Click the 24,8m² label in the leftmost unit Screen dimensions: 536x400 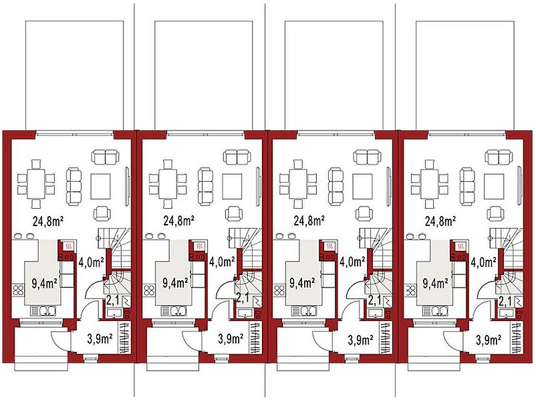tap(48, 221)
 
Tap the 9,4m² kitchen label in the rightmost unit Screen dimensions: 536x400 tap(436, 284)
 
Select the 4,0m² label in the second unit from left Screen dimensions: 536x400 tap(222, 262)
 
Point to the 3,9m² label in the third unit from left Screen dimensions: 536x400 tap(361, 340)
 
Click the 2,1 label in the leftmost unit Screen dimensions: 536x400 tap(112, 301)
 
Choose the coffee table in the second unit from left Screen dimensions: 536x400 tap(232, 187)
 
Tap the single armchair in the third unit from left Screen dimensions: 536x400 tap(364, 213)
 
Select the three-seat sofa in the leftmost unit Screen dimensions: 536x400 tap(74, 187)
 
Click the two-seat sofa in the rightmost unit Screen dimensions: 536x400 tap(499, 157)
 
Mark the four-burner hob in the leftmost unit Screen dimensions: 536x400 tap(18, 290)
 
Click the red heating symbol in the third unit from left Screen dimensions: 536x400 tap(330, 245)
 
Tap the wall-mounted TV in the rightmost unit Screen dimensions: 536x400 tap(520, 187)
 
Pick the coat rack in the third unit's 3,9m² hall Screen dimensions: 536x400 tap(386, 337)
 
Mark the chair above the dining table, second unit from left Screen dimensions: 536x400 tap(167, 165)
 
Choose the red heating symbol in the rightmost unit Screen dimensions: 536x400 tap(460, 245)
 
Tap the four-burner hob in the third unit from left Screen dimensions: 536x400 tap(279, 290)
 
